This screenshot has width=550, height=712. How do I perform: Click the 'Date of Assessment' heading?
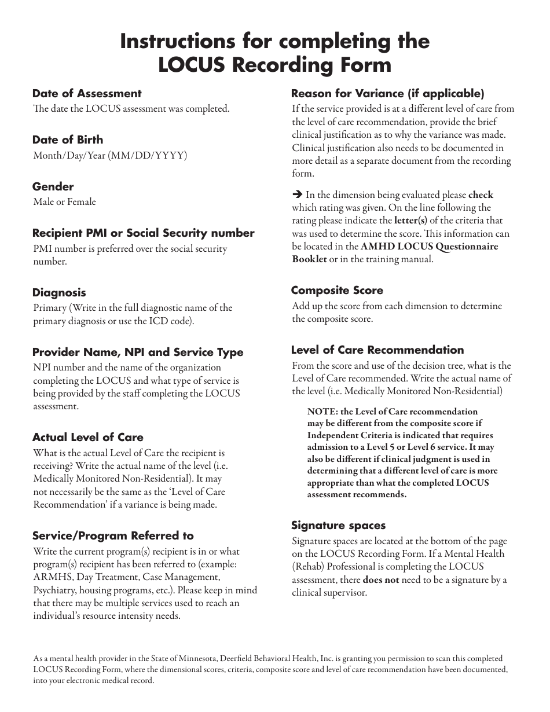click(87, 94)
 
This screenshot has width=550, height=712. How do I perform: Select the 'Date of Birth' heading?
click(68, 140)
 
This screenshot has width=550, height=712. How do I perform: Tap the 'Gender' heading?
click(53, 187)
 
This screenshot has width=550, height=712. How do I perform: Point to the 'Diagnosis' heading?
click(59, 293)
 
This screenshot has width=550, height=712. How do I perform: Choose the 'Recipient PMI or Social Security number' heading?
click(143, 233)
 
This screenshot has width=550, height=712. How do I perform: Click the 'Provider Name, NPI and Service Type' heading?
click(138, 353)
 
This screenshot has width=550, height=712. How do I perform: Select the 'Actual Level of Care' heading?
click(87, 438)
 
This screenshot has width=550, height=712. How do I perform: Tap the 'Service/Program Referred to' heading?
click(113, 536)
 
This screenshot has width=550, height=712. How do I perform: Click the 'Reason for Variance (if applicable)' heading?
click(387, 94)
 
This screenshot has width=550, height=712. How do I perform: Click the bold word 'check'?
click(481, 195)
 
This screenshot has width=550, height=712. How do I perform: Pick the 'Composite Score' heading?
click(337, 291)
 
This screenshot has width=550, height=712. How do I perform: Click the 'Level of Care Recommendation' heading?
click(377, 350)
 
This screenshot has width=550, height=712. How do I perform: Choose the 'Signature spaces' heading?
click(338, 526)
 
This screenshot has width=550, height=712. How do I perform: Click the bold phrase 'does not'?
click(380, 579)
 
